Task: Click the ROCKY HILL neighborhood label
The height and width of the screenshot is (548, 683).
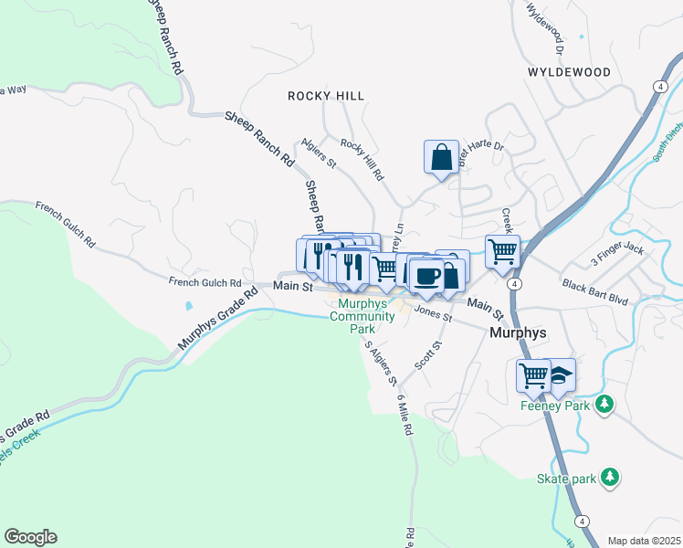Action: tap(325, 96)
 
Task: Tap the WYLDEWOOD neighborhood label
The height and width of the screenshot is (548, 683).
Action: tap(567, 71)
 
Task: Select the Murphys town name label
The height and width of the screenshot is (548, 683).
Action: tap(518, 332)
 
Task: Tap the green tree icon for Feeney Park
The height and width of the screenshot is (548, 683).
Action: tap(603, 403)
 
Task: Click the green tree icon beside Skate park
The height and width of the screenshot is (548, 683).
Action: tap(610, 477)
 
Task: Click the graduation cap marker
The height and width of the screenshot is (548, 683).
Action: tap(559, 374)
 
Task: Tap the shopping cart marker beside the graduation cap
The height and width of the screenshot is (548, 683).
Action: tap(533, 374)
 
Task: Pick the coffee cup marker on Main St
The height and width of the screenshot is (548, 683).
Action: tap(426, 275)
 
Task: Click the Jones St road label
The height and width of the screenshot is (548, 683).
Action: tap(433, 313)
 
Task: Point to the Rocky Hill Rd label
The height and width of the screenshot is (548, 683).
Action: tap(363, 158)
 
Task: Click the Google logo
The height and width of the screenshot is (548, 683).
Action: tap(30, 537)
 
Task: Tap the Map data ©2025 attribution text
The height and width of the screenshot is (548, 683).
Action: tap(644, 541)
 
